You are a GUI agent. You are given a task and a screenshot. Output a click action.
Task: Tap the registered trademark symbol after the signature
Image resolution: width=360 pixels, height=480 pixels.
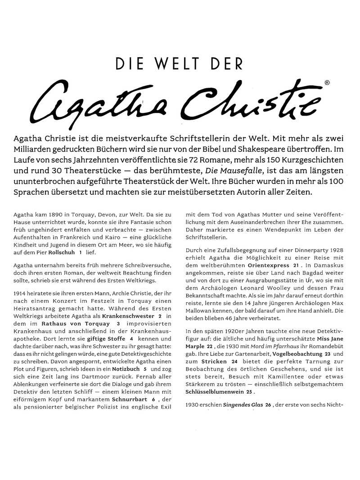(327, 83)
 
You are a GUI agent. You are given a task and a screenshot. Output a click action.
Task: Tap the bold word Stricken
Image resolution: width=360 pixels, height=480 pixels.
(214, 361)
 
